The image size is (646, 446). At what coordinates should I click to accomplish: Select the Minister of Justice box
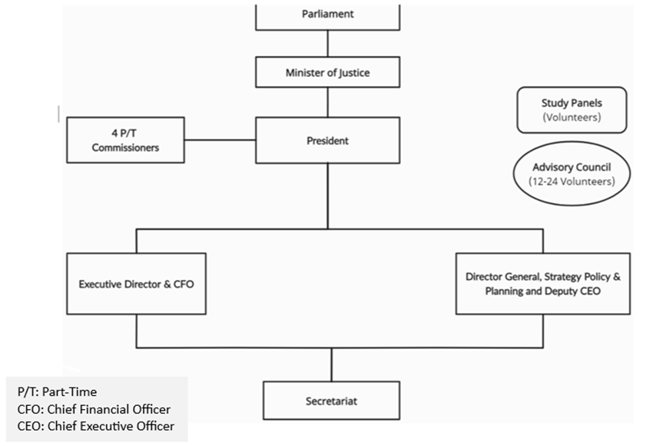(328, 74)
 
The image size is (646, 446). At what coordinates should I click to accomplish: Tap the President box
(328, 140)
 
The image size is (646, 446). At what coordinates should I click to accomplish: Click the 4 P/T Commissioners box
(125, 140)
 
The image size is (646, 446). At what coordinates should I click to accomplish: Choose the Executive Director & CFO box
(136, 284)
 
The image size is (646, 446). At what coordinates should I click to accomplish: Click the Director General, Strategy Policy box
(542, 283)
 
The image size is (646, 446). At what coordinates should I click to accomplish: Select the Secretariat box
(331, 401)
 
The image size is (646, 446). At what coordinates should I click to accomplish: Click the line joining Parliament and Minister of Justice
(328, 45)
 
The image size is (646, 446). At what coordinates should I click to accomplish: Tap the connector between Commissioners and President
(220, 140)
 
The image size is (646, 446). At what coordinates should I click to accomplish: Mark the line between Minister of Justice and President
(328, 102)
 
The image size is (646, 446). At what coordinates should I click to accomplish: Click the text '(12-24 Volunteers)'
(571, 181)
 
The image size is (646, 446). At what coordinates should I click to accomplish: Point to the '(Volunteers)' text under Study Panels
(571, 118)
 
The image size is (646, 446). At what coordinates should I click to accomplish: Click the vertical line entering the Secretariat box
(331, 364)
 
